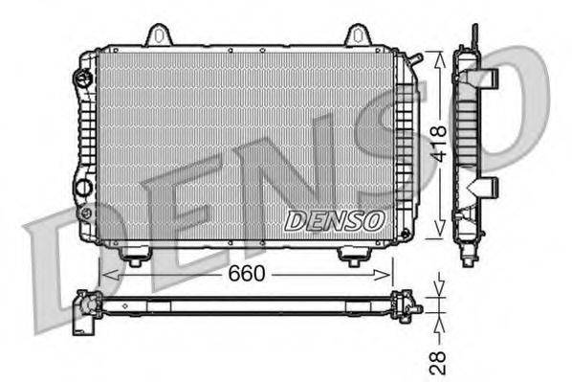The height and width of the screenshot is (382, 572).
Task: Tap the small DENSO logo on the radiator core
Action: pos(334,220)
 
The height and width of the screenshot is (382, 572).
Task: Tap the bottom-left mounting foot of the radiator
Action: pos(135,256)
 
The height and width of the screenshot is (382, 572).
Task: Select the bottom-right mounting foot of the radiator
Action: pos(353,257)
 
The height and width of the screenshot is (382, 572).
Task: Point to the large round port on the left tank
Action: pos(82,184)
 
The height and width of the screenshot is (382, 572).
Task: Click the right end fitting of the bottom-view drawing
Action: pos(408,305)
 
